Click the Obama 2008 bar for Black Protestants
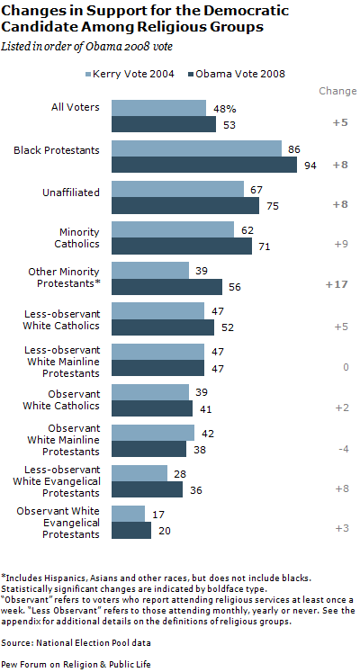tap(204, 165)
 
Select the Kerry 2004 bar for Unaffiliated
tap(177, 189)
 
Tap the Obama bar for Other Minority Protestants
tap(166, 286)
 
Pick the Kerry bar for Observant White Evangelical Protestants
tap(128, 514)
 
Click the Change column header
tap(337, 92)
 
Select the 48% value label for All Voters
tap(222, 108)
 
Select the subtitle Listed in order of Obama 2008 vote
tap(100, 44)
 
